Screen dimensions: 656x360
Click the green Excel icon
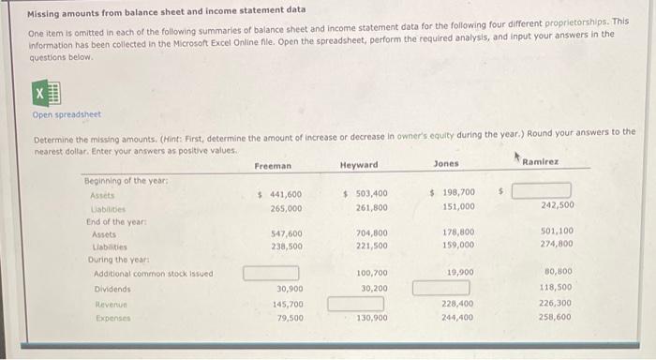(46, 94)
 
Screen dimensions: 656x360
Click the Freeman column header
(273, 165)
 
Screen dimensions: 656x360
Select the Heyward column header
(359, 165)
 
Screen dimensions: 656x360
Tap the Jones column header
(446, 164)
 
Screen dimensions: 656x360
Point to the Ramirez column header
(540, 162)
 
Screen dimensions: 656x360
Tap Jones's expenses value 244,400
(458, 318)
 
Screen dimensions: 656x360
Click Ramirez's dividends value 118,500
(556, 289)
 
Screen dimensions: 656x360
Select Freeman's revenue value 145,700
(287, 304)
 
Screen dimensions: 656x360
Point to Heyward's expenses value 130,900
(372, 318)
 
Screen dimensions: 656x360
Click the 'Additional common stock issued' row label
(153, 274)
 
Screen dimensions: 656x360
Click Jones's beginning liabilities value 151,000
(458, 207)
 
